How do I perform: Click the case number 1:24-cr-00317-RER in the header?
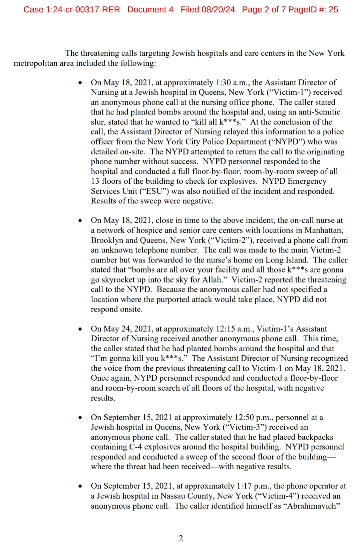[82, 10]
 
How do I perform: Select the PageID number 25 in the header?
[333, 10]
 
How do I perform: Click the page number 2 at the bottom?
[181, 538]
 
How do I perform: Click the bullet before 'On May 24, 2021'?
[80, 329]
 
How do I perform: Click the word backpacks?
[315, 437]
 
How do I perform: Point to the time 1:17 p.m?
[253, 486]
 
